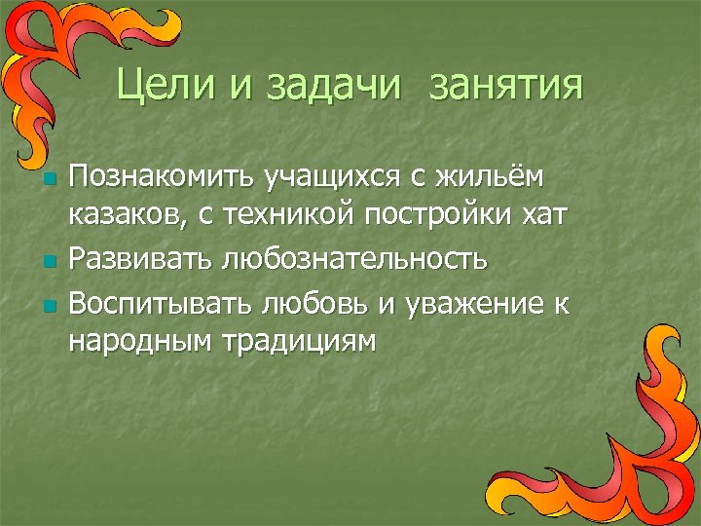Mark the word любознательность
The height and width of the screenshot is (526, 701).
[353, 260]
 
